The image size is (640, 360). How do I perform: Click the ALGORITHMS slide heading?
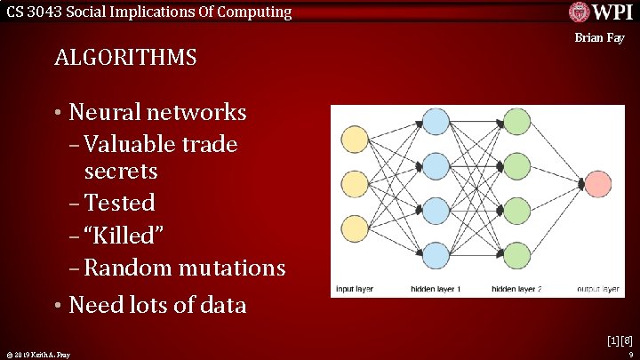[125, 59]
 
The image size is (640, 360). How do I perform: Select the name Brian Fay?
[599, 38]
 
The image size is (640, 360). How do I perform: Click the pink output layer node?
[597, 183]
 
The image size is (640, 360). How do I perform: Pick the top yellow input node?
[354, 139]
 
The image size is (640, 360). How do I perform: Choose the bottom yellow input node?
[354, 227]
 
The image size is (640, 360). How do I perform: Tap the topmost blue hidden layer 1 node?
[436, 121]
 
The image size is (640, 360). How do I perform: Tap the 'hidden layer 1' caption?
[436, 290]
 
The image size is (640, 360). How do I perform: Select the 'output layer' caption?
[598, 290]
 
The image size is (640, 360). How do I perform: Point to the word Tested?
[120, 204]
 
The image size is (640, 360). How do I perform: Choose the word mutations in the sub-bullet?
[238, 268]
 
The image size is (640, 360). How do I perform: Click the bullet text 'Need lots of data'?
[157, 305]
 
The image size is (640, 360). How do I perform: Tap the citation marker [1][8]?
[620, 340]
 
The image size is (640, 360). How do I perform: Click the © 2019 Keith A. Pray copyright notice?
[36, 355]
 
